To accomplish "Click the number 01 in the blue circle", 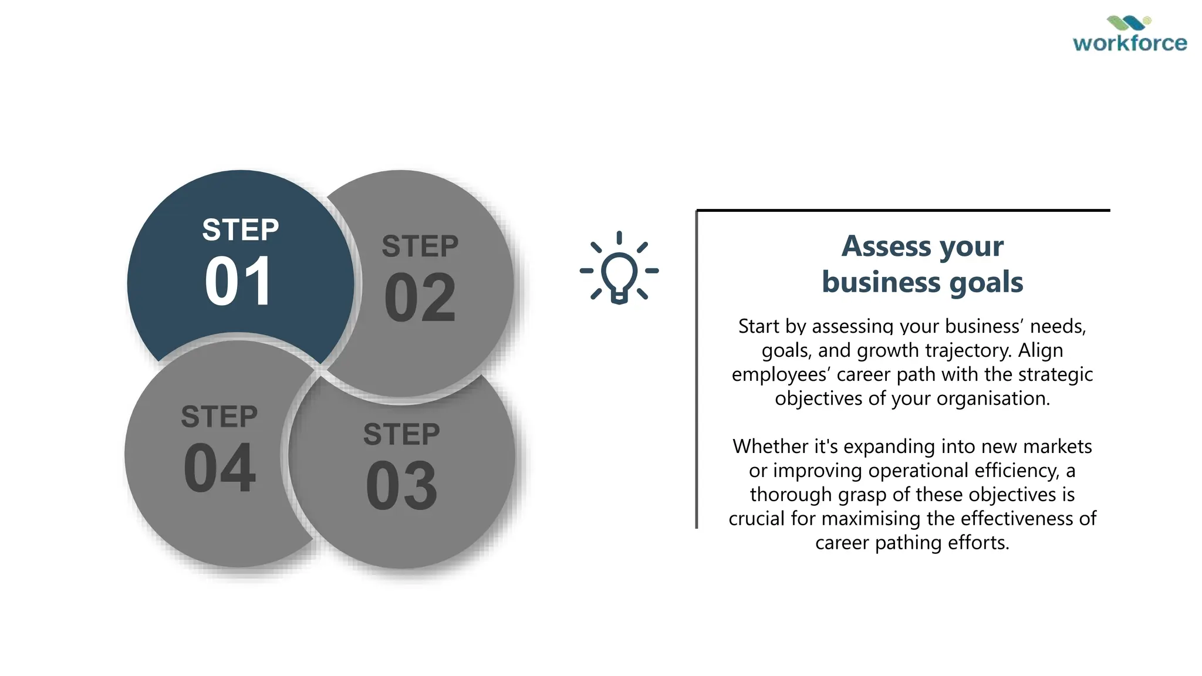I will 238,282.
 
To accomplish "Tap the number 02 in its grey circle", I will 420,298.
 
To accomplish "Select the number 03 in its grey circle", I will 401,486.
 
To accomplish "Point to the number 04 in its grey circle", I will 220,468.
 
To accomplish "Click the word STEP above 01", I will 241,229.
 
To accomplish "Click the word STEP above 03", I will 401,435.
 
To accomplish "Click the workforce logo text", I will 1130,43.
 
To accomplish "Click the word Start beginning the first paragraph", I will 759,326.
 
